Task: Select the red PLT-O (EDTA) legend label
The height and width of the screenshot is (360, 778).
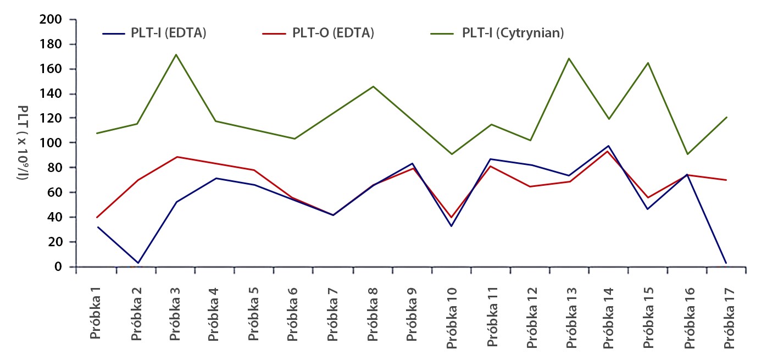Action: point(333,33)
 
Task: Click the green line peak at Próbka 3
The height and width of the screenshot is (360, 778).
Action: point(176,54)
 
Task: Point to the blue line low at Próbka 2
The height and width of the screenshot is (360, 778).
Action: point(137,263)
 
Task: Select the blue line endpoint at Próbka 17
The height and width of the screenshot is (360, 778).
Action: point(726,263)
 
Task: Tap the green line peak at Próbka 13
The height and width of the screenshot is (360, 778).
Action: point(569,58)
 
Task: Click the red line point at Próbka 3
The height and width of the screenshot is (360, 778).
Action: point(176,157)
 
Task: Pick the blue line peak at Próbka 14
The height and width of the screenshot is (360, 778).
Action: point(608,146)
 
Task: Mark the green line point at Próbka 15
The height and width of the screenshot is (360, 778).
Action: point(648,63)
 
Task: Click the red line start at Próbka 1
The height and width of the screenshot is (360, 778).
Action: point(97,217)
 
